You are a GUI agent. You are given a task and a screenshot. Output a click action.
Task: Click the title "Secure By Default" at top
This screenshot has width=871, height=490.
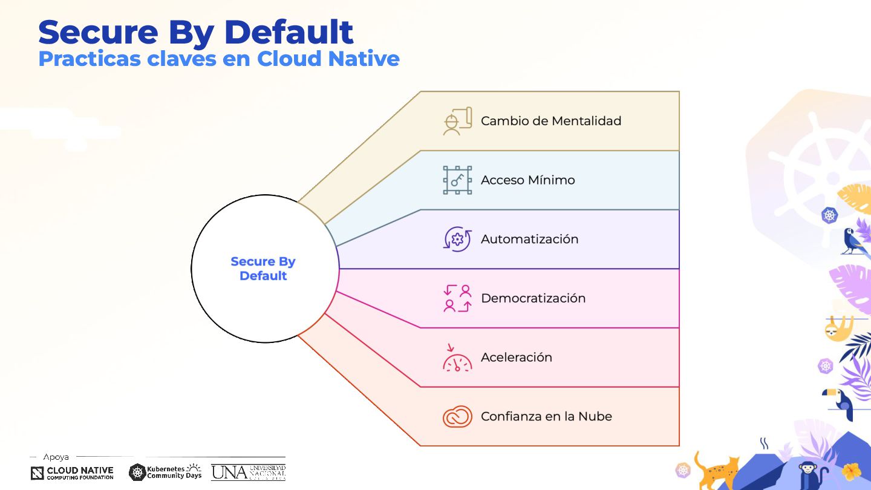point(195,32)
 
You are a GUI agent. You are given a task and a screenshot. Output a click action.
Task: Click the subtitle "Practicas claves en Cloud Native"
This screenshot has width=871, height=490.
point(218,59)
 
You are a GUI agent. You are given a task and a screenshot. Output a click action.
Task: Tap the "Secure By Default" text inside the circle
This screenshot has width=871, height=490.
point(263,269)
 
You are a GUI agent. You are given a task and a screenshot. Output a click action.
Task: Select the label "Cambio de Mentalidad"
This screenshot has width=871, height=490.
point(550,121)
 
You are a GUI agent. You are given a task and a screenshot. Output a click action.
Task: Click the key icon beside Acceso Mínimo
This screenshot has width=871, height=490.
point(457,180)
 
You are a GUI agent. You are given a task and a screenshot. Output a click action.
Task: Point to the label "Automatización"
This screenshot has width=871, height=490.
point(529,239)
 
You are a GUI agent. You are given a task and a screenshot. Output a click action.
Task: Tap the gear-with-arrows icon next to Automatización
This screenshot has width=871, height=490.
point(457,239)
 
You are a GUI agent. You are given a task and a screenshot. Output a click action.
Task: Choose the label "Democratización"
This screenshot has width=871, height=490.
point(533,298)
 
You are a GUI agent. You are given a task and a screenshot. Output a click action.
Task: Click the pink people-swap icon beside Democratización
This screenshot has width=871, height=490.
point(457,298)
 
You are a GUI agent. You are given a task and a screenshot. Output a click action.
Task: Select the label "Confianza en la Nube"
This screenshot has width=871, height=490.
point(546,416)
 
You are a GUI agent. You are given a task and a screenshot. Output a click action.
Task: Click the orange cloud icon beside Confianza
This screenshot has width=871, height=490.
point(457,416)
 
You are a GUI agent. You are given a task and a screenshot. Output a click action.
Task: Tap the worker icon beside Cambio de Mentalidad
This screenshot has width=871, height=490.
point(457,121)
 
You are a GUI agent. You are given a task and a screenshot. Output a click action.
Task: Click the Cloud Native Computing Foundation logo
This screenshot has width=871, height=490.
point(72,473)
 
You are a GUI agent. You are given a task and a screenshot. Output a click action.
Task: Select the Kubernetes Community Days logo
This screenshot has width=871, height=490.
point(165,472)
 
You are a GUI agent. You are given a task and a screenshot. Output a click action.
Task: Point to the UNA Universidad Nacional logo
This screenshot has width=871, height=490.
point(248,472)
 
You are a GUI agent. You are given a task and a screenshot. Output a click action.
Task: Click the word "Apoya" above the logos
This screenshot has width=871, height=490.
point(56,457)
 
